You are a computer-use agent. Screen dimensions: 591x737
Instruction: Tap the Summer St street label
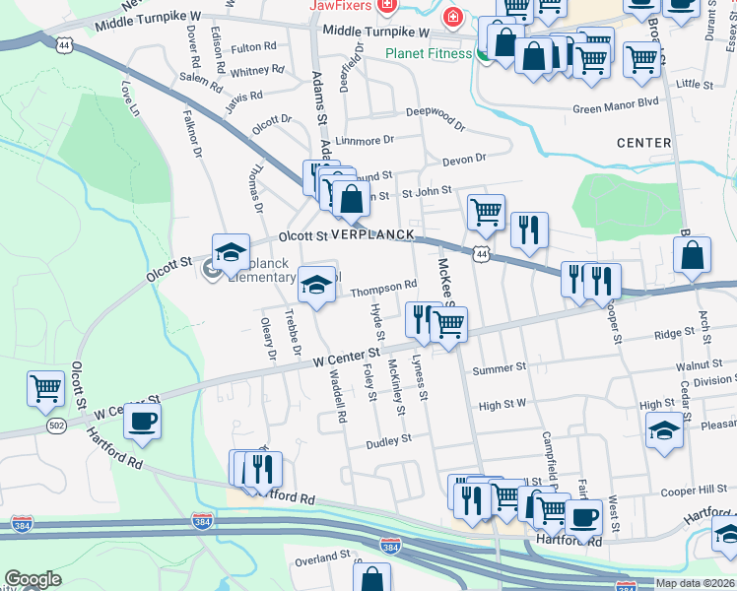pos(500,368)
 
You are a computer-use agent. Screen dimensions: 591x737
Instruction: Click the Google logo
pos(33,579)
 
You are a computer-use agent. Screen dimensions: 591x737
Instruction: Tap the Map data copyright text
pos(695,583)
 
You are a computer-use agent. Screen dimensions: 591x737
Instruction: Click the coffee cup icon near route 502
pos(142,421)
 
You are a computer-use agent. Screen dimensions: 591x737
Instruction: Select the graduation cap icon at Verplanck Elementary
pos(231,252)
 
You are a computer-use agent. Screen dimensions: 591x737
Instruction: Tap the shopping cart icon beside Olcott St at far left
pos(45,388)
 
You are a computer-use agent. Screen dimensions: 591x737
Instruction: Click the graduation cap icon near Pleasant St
pos(664,428)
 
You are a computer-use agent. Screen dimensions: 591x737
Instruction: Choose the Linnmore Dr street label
pos(364,141)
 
